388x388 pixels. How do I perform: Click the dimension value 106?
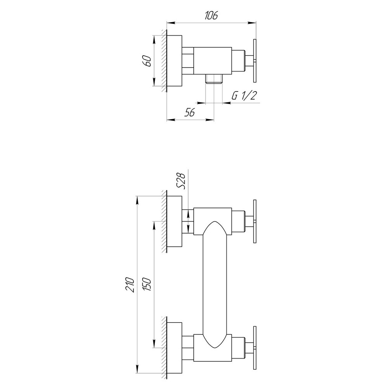pos(211,16)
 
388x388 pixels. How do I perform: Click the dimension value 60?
pos(146,61)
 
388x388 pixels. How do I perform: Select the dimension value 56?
pos(189,113)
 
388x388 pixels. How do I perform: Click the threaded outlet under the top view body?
pos(213,78)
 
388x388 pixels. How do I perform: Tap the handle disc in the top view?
pos(255,61)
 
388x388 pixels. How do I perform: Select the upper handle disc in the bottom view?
pos(255,222)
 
